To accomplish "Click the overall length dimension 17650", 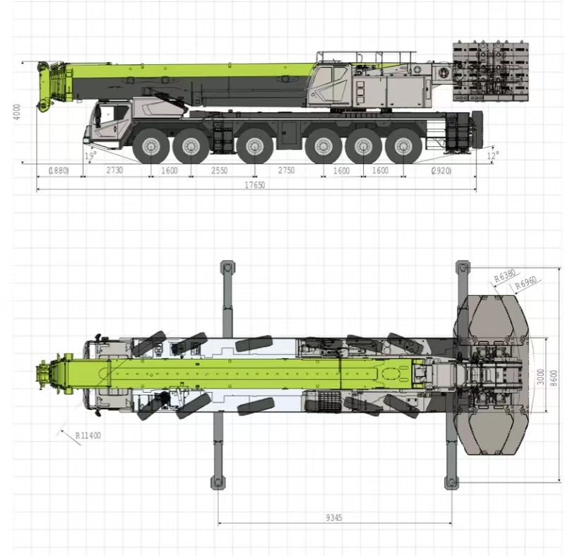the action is (254, 184).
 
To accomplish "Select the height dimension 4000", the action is (17, 112).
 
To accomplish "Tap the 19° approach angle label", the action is (90, 155).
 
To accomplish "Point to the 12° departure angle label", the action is (492, 155).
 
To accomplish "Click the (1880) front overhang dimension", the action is (59, 170).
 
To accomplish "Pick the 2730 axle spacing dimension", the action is (114, 170).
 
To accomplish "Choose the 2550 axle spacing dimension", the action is (219, 170).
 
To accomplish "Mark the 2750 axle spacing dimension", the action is (286, 170).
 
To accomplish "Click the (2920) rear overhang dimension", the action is (441, 170).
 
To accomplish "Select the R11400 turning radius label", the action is (88, 435).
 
